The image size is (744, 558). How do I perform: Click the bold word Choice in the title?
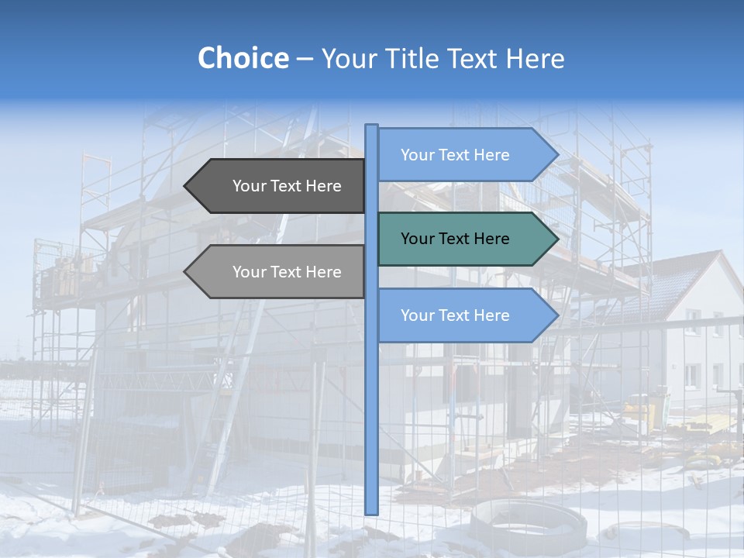click(x=243, y=58)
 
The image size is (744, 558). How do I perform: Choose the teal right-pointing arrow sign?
click(x=465, y=239)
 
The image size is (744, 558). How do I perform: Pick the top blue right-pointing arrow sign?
click(x=465, y=155)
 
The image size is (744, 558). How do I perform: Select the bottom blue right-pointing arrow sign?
click(x=465, y=315)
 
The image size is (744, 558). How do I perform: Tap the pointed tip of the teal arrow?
click(x=556, y=239)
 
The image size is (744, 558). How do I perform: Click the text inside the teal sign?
click(x=455, y=239)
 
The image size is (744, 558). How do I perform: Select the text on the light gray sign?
click(x=287, y=272)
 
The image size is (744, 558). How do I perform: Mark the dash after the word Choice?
click(x=305, y=59)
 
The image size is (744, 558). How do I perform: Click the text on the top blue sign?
click(x=455, y=155)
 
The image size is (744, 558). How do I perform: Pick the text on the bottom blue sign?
click(x=455, y=315)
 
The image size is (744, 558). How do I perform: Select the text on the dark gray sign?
click(x=287, y=186)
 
